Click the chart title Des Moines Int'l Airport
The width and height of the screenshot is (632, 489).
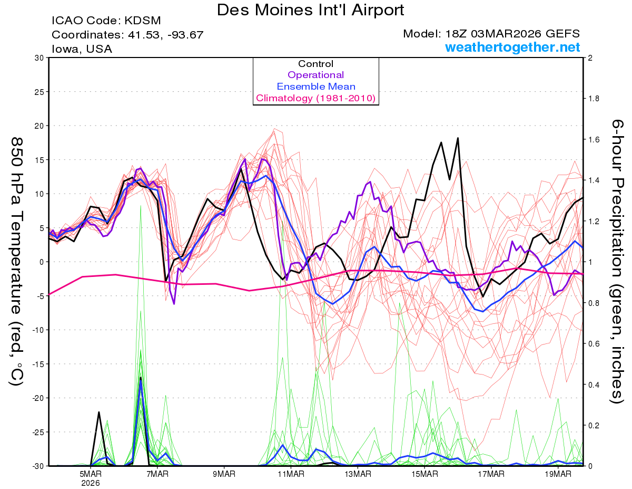pyautogui.click(x=311, y=9)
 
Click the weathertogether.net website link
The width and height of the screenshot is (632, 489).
pyautogui.click(x=512, y=47)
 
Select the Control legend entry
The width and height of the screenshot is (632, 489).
pyautogui.click(x=316, y=64)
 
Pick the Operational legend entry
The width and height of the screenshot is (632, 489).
pyautogui.click(x=316, y=75)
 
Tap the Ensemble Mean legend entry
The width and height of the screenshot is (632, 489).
pyautogui.click(x=316, y=87)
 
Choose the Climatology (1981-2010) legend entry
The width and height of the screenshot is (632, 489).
pyautogui.click(x=316, y=98)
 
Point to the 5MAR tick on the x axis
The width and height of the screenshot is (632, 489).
pyautogui.click(x=91, y=474)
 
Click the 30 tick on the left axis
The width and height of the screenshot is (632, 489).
pyautogui.click(x=38, y=58)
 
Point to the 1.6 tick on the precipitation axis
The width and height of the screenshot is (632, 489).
pyautogui.click(x=594, y=140)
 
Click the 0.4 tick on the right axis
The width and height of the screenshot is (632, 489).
pyautogui.click(x=594, y=385)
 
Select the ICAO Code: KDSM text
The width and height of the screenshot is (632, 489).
pyautogui.click(x=106, y=21)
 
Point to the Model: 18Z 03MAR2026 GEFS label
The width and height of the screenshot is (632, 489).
pyautogui.click(x=491, y=34)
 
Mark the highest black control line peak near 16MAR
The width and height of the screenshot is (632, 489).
pyautogui.click(x=458, y=138)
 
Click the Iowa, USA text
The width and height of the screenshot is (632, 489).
pyautogui.click(x=82, y=49)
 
